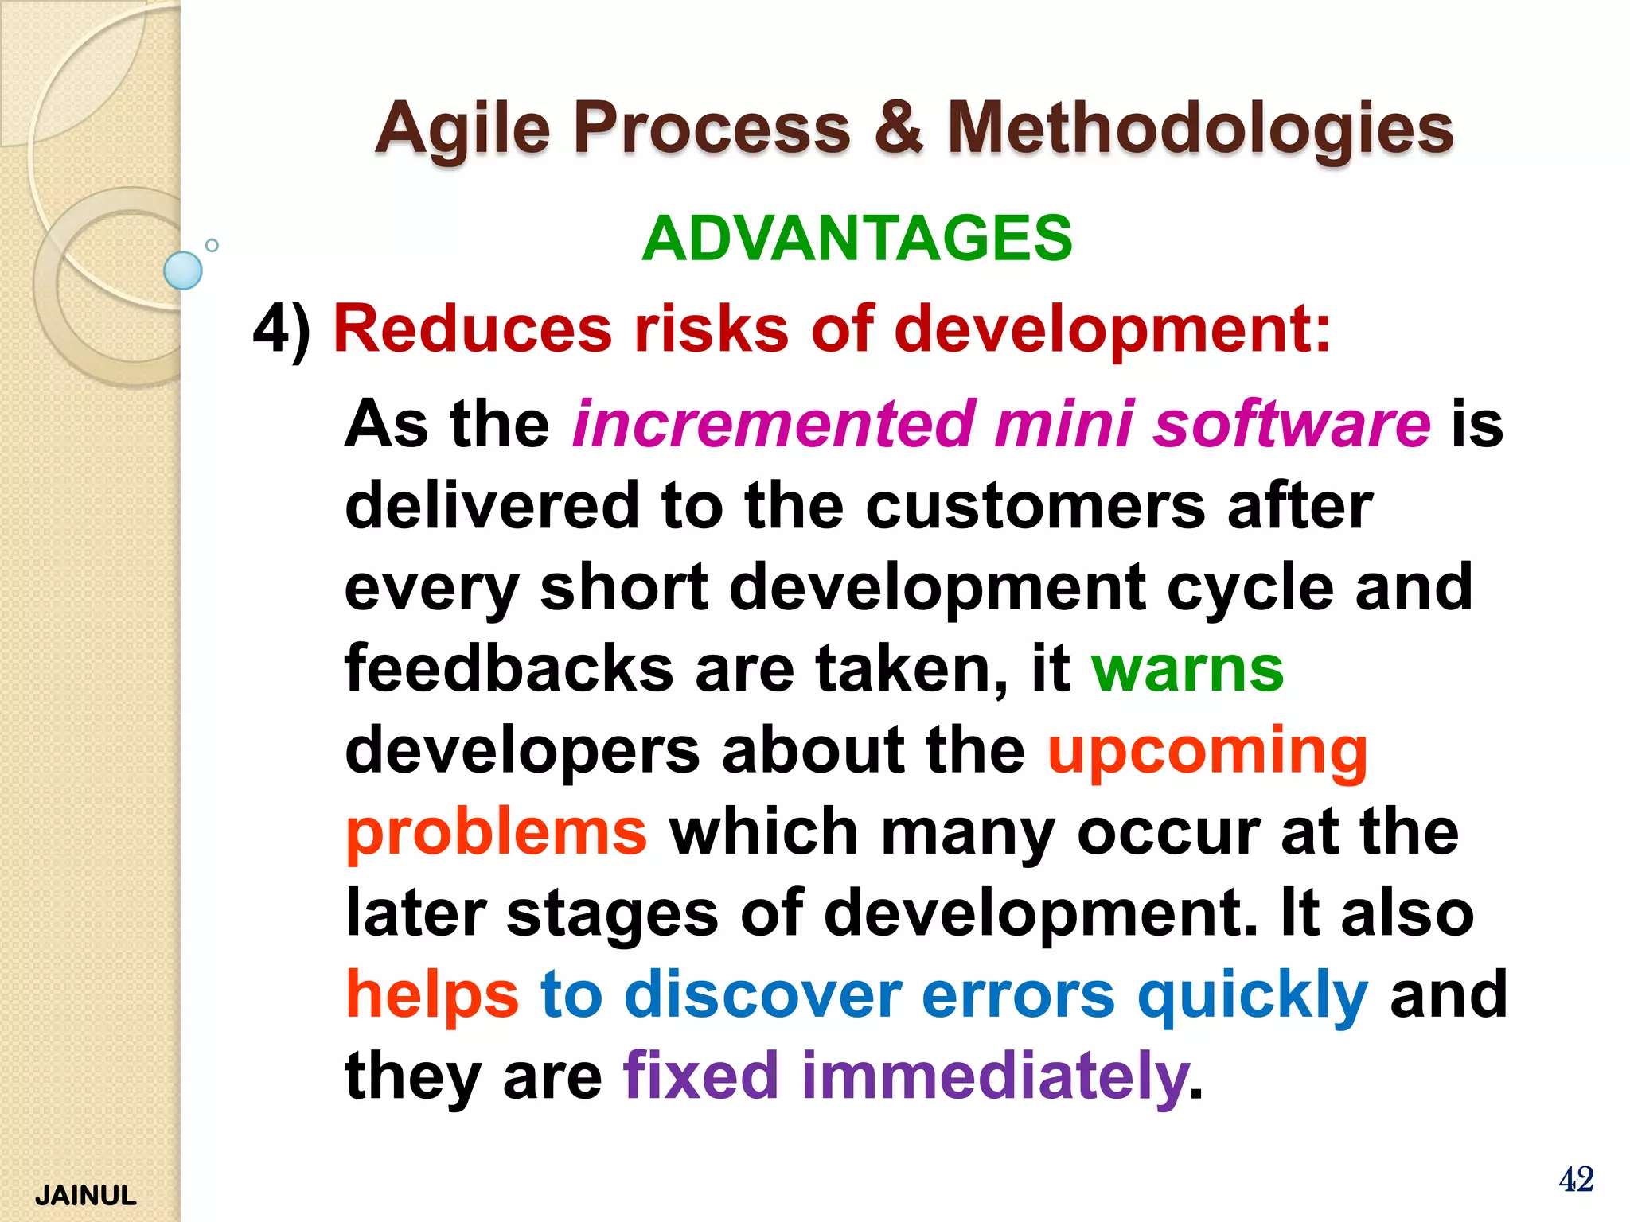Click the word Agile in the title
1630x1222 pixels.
click(462, 130)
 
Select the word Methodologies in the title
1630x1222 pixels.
click(1200, 130)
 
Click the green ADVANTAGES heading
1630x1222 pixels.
click(857, 238)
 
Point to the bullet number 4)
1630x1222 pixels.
click(282, 329)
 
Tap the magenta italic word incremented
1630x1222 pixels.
click(774, 424)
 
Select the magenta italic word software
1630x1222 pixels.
click(1293, 424)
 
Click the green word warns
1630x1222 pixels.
click(1187, 670)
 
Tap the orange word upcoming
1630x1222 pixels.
click(1207, 752)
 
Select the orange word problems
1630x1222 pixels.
click(496, 833)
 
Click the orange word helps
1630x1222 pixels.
click(432, 995)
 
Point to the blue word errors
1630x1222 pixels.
click(1018, 995)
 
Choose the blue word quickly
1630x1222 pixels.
click(1253, 995)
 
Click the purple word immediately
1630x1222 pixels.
click(994, 1076)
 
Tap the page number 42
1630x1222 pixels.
click(1576, 1179)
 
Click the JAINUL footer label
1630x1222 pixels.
click(86, 1196)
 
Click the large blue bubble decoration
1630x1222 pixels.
click(183, 270)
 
